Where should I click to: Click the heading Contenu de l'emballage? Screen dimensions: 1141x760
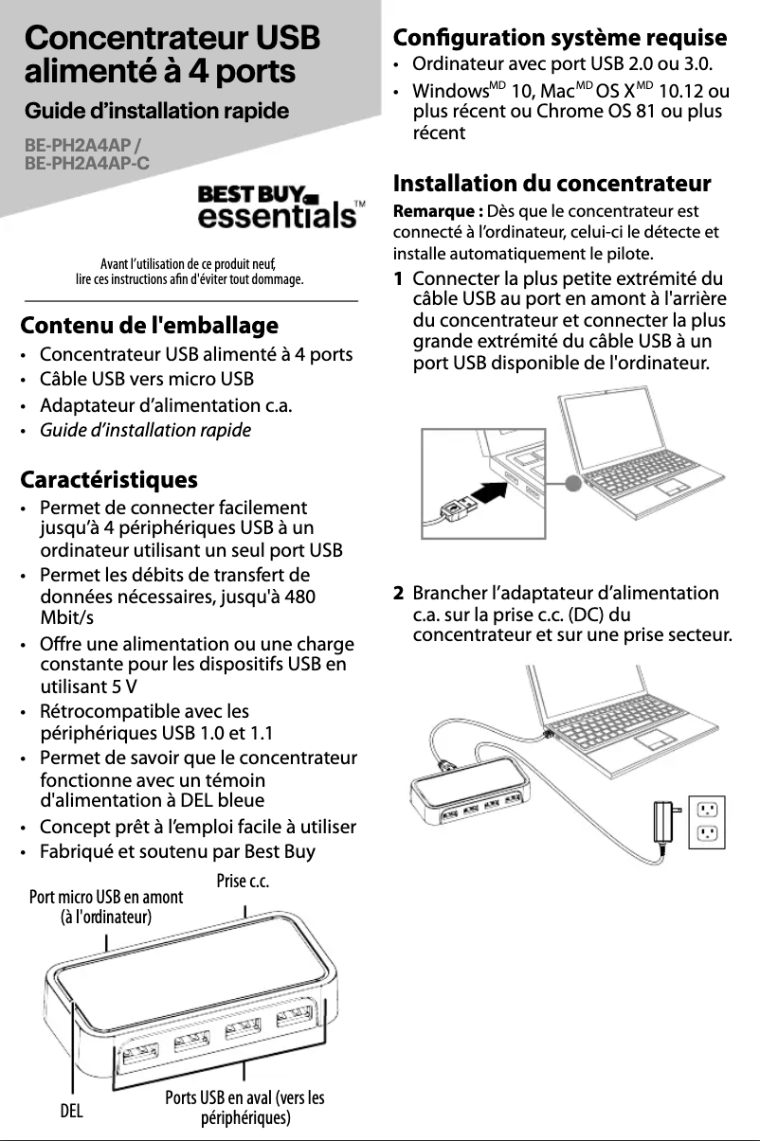tap(150, 326)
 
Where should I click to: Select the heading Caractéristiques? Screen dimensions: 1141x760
tap(109, 479)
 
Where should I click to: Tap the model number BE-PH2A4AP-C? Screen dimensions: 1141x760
tap(87, 164)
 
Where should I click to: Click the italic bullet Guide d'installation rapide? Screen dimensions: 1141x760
tap(145, 431)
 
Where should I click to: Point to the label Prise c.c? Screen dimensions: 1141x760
tap(244, 882)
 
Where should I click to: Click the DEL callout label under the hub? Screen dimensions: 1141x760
tap(71, 1110)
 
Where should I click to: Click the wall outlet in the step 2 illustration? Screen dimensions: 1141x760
tap(706, 821)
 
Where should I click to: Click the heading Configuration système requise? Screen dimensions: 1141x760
tap(560, 39)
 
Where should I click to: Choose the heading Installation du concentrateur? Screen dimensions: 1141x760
tap(552, 183)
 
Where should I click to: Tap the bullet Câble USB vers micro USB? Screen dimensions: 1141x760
tap(146, 381)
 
